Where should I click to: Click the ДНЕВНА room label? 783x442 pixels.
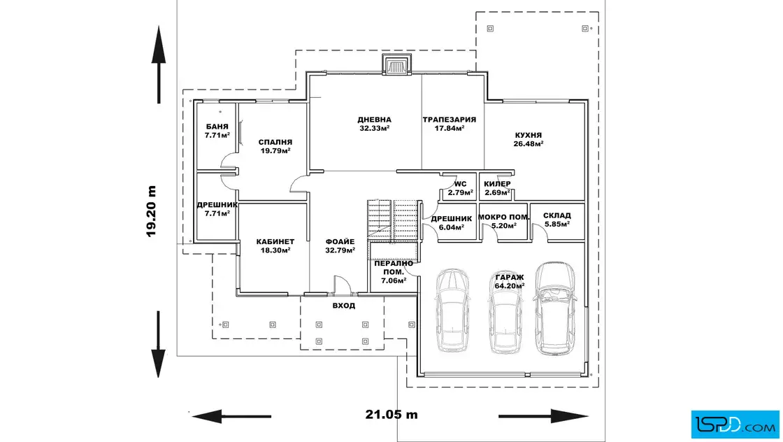(374, 120)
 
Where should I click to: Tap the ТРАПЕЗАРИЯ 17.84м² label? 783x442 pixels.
(450, 124)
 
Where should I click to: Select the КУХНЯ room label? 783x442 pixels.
(529, 136)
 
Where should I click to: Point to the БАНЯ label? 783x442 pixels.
(217, 127)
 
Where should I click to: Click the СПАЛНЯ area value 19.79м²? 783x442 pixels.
(275, 150)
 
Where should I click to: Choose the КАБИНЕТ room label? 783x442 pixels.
(275, 242)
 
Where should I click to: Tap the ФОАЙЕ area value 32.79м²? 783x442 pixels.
(340, 250)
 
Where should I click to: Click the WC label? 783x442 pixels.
(461, 185)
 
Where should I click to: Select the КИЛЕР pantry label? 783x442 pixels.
(497, 185)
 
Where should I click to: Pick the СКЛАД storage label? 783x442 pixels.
(556, 216)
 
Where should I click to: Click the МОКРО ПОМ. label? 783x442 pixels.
(504, 218)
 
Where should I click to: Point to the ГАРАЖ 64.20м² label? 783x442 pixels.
(510, 282)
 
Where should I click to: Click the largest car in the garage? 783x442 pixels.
(554, 308)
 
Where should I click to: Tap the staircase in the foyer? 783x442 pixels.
(392, 220)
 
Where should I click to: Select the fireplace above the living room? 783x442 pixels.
(397, 65)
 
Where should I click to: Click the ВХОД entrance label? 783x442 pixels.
(343, 306)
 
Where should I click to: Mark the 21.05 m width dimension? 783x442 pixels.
(391, 415)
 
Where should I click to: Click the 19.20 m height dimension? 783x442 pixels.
(151, 211)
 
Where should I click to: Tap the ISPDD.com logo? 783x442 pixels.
(735, 425)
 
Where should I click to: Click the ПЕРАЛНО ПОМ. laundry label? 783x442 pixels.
(394, 272)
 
